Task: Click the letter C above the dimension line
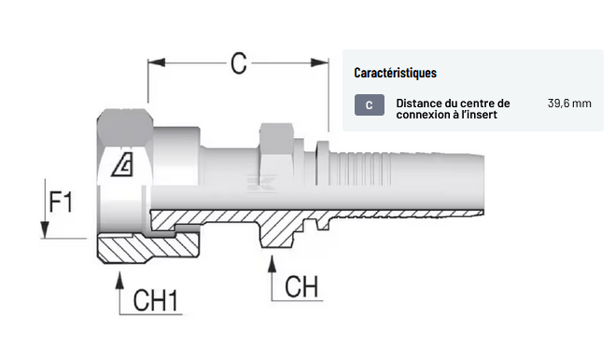click(x=239, y=63)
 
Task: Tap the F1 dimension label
click(x=61, y=202)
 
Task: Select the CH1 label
click(x=156, y=300)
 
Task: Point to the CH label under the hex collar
click(x=301, y=286)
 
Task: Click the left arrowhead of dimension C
click(x=157, y=62)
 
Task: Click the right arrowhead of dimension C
click(x=320, y=62)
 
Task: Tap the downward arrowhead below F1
click(x=45, y=229)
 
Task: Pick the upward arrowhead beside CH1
click(x=120, y=281)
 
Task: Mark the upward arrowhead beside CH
click(x=272, y=264)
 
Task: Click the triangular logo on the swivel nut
click(x=123, y=164)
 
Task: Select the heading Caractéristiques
click(x=396, y=73)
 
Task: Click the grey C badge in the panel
click(x=370, y=105)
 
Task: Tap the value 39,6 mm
click(x=569, y=104)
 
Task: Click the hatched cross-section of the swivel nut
click(x=148, y=248)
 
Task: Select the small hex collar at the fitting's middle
click(x=276, y=154)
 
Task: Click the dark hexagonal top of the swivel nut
click(x=125, y=127)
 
